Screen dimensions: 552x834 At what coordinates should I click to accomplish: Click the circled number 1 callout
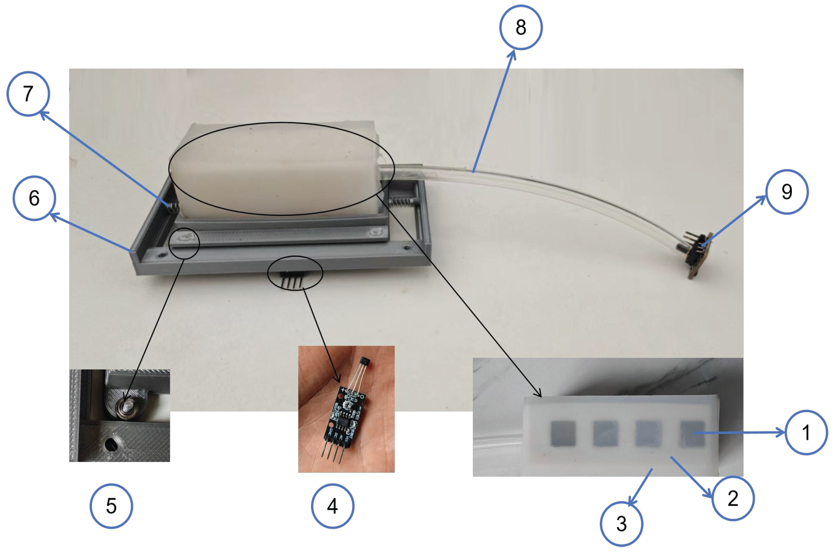tap(806, 432)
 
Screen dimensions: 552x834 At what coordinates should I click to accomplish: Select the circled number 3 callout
tap(621, 524)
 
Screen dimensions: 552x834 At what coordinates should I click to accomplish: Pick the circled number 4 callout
tap(332, 506)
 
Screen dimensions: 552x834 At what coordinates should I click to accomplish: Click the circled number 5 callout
tap(111, 506)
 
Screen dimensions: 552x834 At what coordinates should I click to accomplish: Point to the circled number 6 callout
tap(34, 198)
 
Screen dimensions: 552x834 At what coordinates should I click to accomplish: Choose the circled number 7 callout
tap(28, 94)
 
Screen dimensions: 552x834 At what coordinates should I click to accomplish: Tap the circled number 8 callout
tap(521, 27)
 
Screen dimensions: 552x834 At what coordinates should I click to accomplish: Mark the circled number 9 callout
tap(787, 192)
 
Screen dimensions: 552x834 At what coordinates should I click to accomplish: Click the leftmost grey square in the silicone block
tap(563, 433)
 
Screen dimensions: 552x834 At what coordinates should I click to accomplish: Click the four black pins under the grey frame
tap(292, 280)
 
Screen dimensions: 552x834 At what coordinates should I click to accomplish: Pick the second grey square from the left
tap(606, 433)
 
